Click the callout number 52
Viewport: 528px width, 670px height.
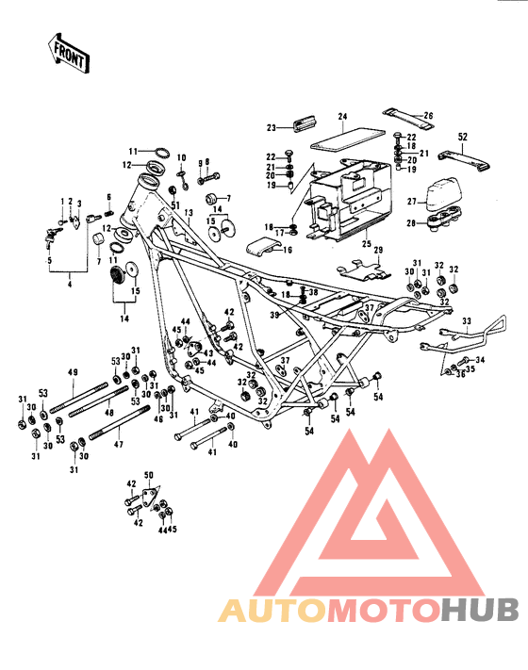462,138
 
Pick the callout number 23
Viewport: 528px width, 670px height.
271,127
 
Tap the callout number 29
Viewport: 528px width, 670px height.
379,250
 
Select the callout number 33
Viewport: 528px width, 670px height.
465,321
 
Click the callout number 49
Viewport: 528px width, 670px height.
73,373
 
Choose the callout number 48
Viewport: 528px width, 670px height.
109,412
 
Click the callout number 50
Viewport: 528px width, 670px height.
147,478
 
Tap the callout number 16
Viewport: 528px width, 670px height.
288,250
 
